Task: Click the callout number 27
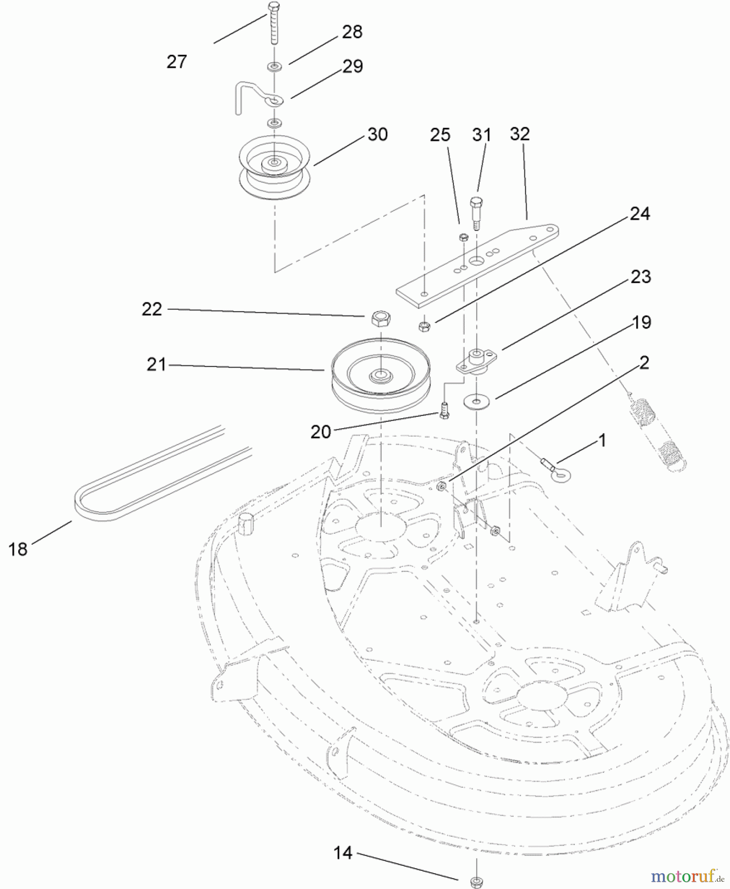177,62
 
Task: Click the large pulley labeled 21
380,375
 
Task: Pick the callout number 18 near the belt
18,549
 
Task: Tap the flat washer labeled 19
477,402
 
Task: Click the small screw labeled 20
444,410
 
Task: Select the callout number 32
520,134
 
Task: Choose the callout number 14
343,853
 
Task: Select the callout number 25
440,135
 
